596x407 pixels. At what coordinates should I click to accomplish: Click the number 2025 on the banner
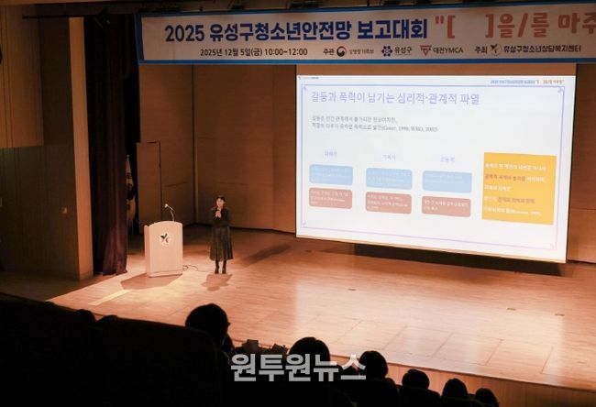[x=183, y=32]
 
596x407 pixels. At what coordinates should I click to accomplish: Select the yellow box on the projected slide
[x=518, y=188]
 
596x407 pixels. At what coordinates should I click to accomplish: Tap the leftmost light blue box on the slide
[x=331, y=174]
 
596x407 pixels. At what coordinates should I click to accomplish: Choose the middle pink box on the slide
[x=388, y=202]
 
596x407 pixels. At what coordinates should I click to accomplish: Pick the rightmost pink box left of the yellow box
[x=447, y=206]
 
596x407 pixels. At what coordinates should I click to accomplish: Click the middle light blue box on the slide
[x=389, y=178]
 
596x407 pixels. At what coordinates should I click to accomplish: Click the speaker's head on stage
[x=220, y=202]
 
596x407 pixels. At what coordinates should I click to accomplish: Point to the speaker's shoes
[x=220, y=269]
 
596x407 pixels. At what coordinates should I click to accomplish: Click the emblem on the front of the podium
[x=164, y=238]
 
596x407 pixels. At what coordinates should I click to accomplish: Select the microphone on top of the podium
[x=169, y=210]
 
